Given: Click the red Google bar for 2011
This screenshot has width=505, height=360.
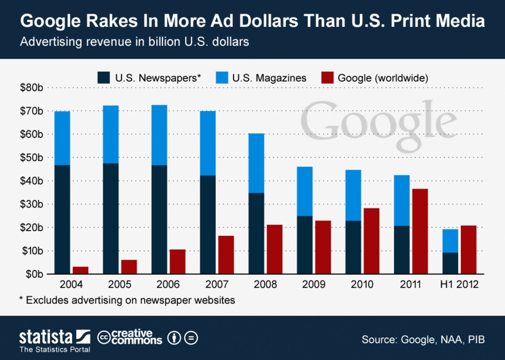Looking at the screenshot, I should pos(420,231).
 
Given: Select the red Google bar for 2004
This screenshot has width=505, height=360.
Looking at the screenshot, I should pos(80,270).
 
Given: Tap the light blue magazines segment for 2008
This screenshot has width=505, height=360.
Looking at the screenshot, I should pos(256,163).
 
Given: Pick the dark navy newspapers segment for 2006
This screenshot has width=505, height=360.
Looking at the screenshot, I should pos(159,219).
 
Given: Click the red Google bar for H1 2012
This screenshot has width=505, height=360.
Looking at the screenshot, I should pos(468,249).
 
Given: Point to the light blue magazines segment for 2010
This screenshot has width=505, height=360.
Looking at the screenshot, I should pos(353,195).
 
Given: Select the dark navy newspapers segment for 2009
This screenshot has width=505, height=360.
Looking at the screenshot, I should pos(305,245).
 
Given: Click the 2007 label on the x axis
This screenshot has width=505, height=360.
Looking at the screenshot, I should pos(217,284).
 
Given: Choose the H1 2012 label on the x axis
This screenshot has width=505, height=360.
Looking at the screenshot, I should pos(459,284).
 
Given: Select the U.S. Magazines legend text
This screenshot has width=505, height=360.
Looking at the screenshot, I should pos(269,78).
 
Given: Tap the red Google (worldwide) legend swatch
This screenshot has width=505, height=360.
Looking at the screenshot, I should pos(328,78).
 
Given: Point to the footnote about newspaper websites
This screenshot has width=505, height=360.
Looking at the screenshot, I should pos(127,300).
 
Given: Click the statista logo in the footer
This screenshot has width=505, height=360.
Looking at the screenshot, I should pos(55,338).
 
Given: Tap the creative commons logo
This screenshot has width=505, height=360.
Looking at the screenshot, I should pos(130,338).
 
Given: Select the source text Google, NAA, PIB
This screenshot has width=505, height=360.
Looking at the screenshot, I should pos(423,339).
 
